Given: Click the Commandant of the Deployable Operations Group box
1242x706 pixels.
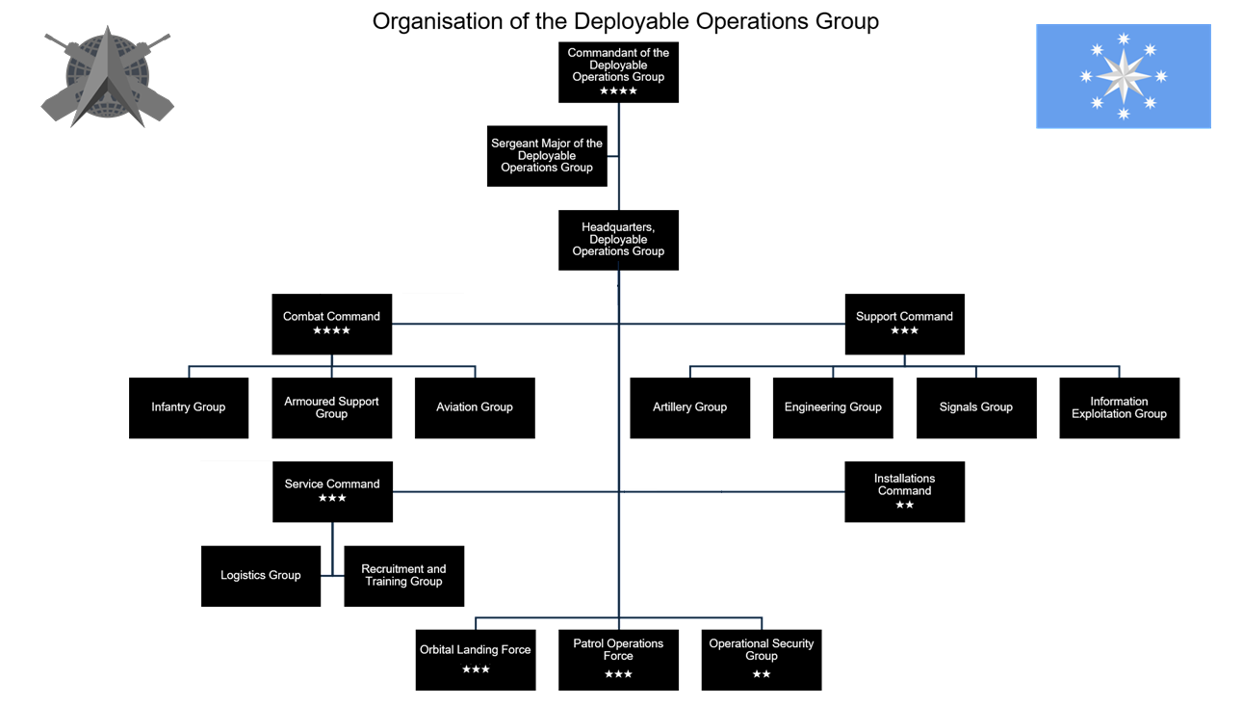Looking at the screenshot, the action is point(618,72).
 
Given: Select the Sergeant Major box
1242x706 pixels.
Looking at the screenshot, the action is point(547,156).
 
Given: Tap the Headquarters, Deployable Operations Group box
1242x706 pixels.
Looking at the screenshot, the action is point(618,240).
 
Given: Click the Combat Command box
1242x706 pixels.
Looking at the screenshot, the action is point(331,324).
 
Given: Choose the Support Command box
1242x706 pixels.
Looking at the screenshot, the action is point(904,324).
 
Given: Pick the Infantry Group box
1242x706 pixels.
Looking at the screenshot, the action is point(189,408).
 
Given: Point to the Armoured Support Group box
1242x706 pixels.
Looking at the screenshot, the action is point(331,408).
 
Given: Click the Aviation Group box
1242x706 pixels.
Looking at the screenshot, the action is point(475,408).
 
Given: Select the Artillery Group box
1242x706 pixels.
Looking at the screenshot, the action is point(689,408).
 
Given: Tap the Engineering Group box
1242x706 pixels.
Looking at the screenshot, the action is point(833,408).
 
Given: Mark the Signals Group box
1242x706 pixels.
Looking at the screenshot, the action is point(976,408).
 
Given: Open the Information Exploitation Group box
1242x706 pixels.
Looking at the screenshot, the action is point(1120,408).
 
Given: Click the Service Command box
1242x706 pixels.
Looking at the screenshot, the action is point(333,492).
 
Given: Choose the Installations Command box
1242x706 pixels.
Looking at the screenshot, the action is point(904,492).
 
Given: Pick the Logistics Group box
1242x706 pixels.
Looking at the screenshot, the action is point(261,576).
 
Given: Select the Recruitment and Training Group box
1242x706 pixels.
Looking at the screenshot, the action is point(403,576).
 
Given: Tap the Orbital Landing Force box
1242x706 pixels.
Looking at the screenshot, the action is point(476,660).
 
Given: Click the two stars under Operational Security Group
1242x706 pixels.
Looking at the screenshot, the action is point(762,674).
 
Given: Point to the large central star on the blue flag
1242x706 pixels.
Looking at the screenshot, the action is point(1124,76).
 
